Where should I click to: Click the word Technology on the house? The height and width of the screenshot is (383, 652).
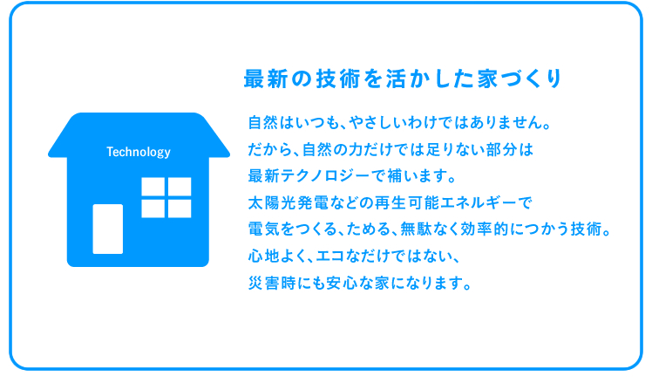139,153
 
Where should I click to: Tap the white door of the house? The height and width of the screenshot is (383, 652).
108,229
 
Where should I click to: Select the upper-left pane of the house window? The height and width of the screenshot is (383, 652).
153,187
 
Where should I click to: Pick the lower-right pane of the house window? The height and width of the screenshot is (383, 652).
180,209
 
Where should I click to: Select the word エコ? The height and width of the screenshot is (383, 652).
330,256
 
